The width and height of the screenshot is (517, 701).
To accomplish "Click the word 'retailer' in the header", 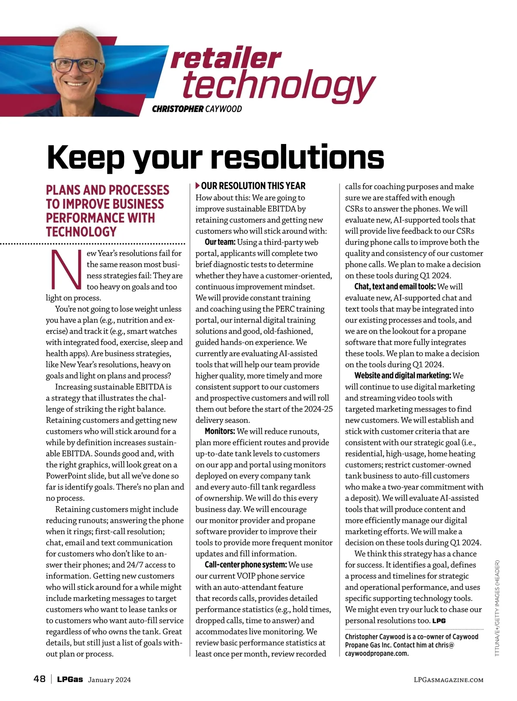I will click(x=226, y=59).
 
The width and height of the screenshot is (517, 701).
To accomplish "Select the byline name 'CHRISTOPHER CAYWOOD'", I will click(x=197, y=109).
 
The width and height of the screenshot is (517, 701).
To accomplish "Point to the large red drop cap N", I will click(x=66, y=270).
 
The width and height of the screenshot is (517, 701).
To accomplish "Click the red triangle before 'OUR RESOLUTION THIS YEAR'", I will click(x=198, y=186).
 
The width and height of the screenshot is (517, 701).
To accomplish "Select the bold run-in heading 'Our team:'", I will click(x=220, y=242).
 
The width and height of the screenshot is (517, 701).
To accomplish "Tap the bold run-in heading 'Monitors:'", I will click(x=220, y=432).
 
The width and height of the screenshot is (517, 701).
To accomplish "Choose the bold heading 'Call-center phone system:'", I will click(x=246, y=565).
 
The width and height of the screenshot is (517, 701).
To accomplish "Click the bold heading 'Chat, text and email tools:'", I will click(x=395, y=287).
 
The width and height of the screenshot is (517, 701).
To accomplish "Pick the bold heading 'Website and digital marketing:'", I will click(x=402, y=376).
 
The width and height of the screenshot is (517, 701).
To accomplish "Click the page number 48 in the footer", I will click(x=39, y=679).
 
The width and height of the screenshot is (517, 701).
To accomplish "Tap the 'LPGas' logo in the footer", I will click(x=70, y=679).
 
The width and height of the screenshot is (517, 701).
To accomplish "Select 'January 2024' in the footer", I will click(x=109, y=680).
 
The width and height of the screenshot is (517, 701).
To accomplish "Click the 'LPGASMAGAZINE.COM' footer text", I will click(x=448, y=680).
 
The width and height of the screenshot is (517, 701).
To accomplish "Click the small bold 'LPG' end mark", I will click(x=439, y=621).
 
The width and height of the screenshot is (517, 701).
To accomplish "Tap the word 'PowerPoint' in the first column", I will click(x=67, y=476).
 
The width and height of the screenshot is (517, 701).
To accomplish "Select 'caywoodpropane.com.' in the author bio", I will click(x=377, y=654).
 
